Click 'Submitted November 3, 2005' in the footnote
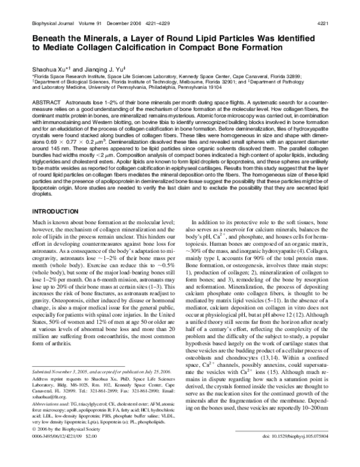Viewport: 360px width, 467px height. [x=59, y=405]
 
